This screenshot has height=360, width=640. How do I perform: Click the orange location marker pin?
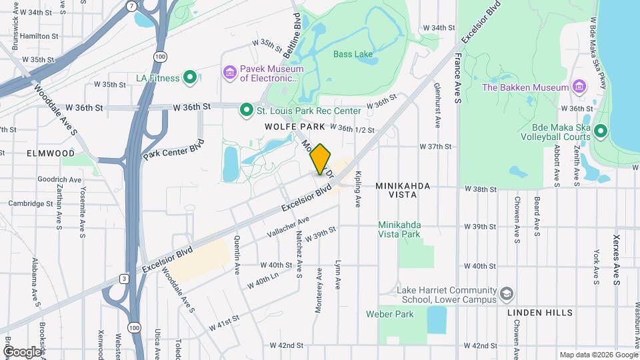tap(320, 159)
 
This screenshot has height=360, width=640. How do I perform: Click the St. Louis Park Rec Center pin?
tap(246, 110)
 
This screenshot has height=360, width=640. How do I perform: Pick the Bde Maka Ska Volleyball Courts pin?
tap(600, 131)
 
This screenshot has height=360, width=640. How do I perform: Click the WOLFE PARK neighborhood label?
tap(295, 126)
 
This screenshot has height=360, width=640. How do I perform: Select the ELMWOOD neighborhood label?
tap(51, 153)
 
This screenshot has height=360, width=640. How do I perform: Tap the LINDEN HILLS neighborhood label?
tap(539, 313)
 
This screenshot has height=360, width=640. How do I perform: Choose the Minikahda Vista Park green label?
tap(399, 229)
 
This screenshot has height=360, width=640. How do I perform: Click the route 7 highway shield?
tap(132, 6)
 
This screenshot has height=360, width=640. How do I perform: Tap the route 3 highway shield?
tap(124, 278)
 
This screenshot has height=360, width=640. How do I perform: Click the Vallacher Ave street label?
tap(288, 227)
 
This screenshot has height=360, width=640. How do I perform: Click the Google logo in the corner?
tap(23, 351)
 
